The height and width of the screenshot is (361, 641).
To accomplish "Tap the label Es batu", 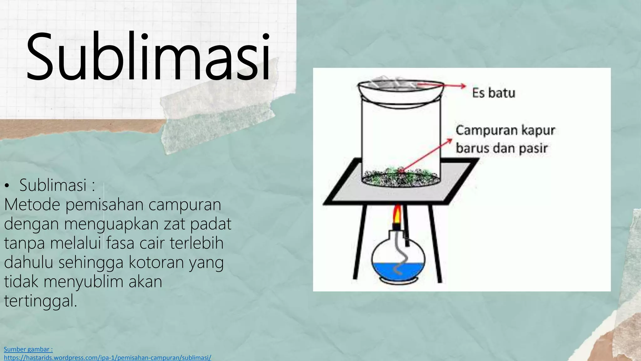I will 494,93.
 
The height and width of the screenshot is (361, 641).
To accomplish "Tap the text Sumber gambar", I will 28,349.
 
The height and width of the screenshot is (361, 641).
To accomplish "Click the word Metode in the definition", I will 32,205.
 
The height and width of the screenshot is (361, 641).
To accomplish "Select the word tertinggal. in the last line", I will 40,301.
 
